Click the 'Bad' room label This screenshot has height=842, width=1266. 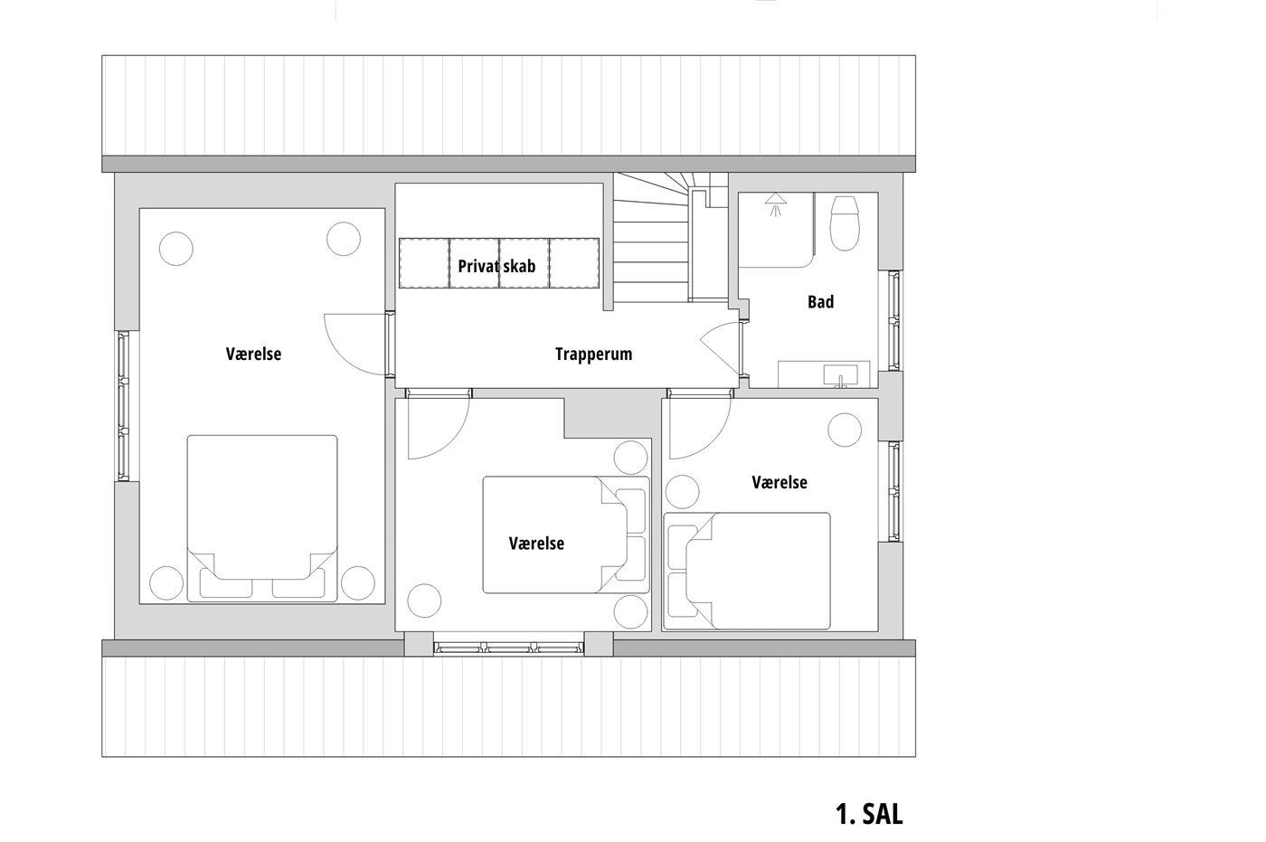coord(821,302)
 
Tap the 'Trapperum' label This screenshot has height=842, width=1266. coord(593,355)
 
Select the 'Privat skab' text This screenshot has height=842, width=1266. coord(496,266)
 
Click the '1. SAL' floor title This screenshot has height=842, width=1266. coord(869,814)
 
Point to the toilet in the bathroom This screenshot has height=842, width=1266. coord(845,222)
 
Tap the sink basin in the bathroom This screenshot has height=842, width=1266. coord(840,375)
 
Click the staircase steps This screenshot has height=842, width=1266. coord(652,237)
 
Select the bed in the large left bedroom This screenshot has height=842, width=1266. coord(262,518)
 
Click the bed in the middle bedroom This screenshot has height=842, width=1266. coord(566,535)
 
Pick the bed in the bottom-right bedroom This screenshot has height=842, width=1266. coord(747,571)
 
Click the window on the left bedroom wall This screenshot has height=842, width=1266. coord(124,406)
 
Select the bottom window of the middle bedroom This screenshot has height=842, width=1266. coord(508,648)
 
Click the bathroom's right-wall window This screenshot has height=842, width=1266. coord(893,320)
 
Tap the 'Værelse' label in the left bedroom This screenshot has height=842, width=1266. coord(254,355)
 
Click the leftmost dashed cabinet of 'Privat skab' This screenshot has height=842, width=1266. coord(424,263)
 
